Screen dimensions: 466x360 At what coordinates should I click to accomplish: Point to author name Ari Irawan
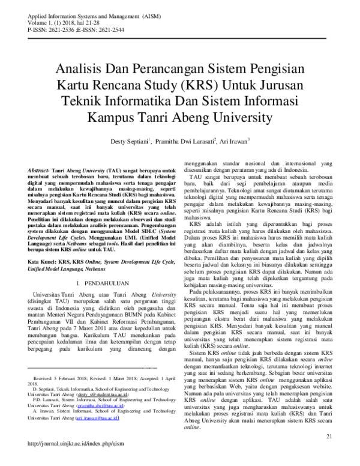[236, 142]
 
